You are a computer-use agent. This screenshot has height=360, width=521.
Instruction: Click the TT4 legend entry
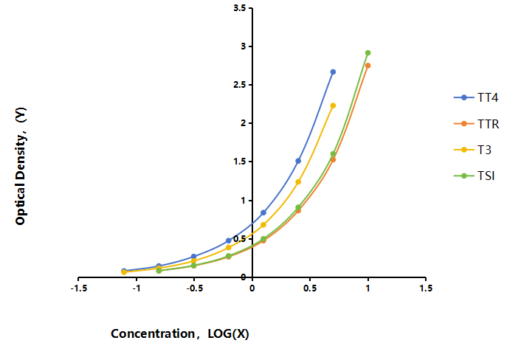[476, 97]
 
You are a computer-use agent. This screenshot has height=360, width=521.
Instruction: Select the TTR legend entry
[476, 124]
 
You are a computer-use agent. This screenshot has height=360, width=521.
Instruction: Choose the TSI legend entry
[475, 176]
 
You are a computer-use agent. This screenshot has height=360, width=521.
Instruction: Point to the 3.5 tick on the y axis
[240, 7]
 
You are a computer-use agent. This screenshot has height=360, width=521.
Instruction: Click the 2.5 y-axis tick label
[240, 85]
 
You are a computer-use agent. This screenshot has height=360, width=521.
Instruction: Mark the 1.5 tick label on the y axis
[240, 162]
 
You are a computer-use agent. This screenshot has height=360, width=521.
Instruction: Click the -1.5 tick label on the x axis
[79, 288]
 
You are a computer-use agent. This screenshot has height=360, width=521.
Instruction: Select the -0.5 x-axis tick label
[194, 288]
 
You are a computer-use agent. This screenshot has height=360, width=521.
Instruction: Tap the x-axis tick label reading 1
[368, 288]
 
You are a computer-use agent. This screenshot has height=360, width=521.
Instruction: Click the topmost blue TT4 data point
[333, 72]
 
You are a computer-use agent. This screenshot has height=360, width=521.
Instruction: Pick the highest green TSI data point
[368, 53]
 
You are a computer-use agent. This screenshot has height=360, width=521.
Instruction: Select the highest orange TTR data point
[368, 66]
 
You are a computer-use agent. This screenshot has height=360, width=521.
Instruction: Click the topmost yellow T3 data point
[333, 105]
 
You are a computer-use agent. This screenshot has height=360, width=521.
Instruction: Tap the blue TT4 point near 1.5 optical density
[298, 161]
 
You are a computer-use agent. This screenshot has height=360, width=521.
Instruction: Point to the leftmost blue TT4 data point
[124, 271]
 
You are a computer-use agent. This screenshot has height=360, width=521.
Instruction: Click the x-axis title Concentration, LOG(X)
[180, 333]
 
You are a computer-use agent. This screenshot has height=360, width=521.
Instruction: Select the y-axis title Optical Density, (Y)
[21, 166]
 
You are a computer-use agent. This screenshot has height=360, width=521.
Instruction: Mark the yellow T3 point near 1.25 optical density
[298, 182]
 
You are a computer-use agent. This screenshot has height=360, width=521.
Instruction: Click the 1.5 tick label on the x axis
[426, 288]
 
